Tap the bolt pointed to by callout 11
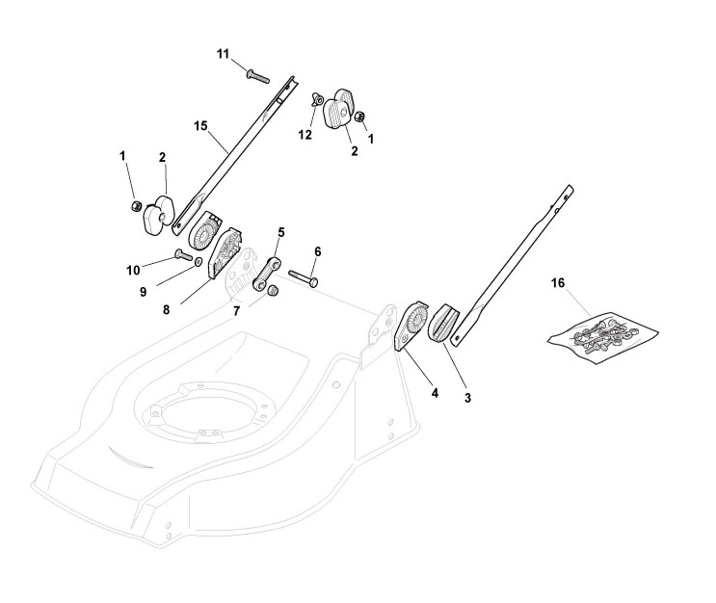click(x=256, y=75)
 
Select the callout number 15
click(x=200, y=126)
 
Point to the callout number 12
click(x=305, y=135)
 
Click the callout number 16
click(x=558, y=285)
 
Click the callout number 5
click(x=281, y=233)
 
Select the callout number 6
click(x=318, y=251)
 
